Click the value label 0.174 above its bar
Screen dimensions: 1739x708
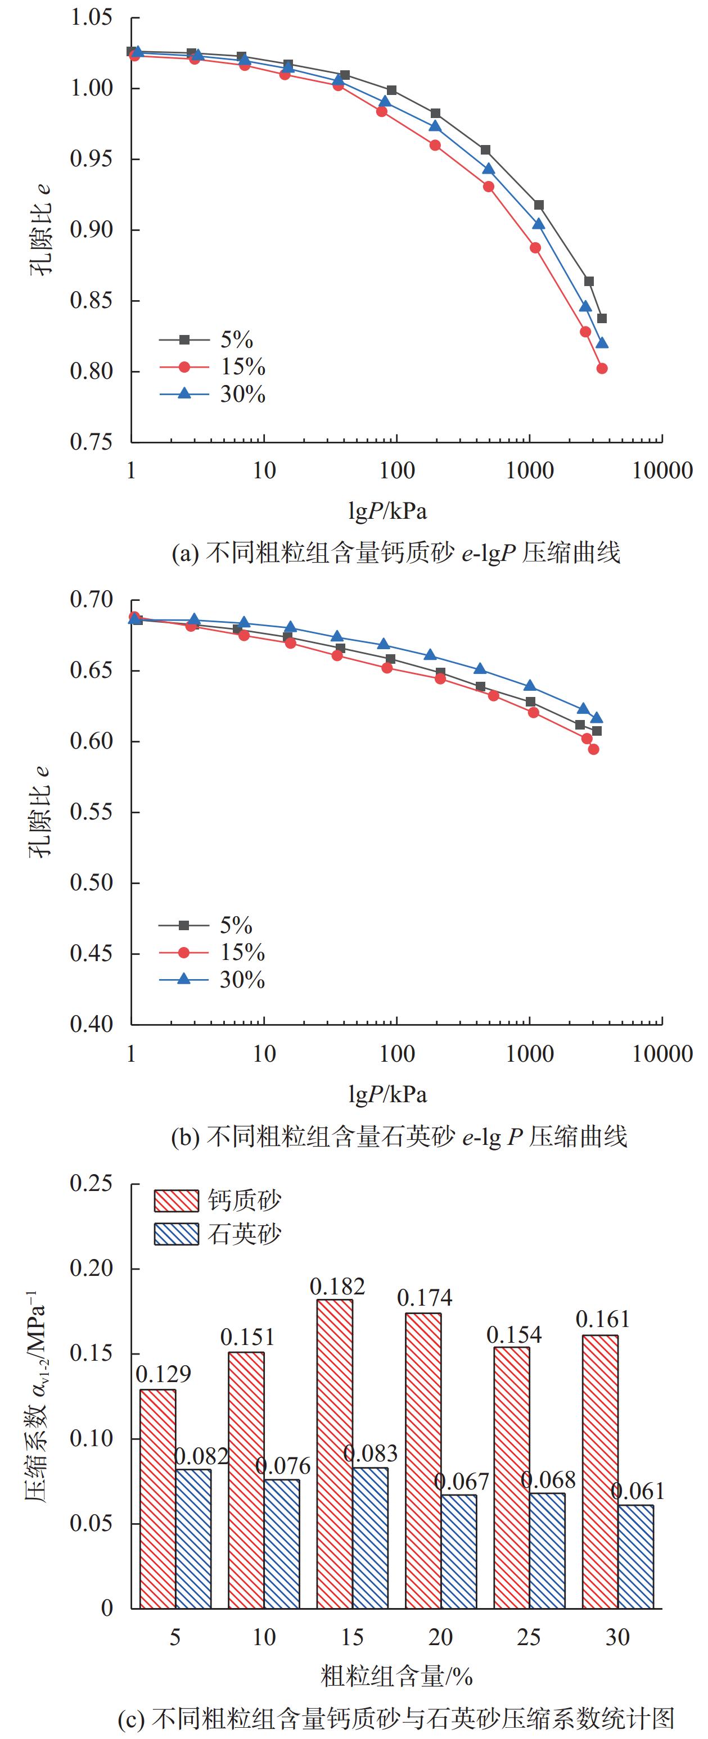pyautogui.click(x=424, y=1297)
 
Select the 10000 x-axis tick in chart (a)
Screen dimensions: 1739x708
pyautogui.click(x=662, y=470)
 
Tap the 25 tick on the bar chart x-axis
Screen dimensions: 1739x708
pyautogui.click(x=529, y=1637)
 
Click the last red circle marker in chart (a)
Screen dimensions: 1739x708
pyautogui.click(x=602, y=369)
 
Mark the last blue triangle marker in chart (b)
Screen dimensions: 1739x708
pyautogui.click(x=597, y=718)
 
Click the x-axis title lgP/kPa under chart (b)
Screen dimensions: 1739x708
pyautogui.click(x=388, y=1094)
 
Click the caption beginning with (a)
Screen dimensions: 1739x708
pyautogui.click(x=396, y=554)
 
